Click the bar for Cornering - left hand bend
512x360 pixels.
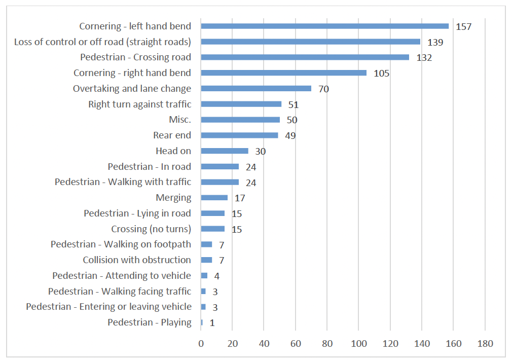(x=324, y=26)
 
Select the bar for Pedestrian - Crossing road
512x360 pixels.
(x=305, y=57)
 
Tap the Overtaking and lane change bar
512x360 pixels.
(x=256, y=89)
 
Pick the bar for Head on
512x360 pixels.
(x=225, y=151)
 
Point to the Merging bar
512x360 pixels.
(x=214, y=198)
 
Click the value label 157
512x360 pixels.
(x=463, y=26)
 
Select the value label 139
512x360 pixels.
(x=435, y=42)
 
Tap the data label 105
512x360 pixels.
(x=381, y=74)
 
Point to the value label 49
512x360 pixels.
(x=290, y=136)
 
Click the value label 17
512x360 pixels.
(x=240, y=198)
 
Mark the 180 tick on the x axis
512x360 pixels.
(x=485, y=343)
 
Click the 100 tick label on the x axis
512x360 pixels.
(x=358, y=343)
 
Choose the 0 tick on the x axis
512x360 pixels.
(x=201, y=343)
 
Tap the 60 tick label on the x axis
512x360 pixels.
(x=296, y=343)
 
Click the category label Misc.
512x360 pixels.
(x=180, y=120)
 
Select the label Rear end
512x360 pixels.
(x=172, y=135)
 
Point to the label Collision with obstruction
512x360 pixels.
(x=137, y=260)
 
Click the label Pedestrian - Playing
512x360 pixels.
(x=150, y=322)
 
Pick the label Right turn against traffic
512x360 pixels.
(x=140, y=104)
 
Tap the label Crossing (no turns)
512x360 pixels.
(x=151, y=229)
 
